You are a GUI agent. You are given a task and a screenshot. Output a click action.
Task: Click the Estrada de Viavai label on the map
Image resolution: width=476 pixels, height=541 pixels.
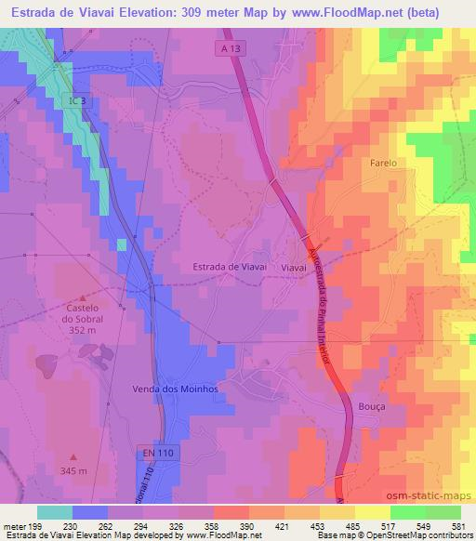click(x=230, y=266)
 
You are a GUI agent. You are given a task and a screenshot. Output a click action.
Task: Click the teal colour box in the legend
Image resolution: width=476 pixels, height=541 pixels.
click(x=55, y=512)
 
